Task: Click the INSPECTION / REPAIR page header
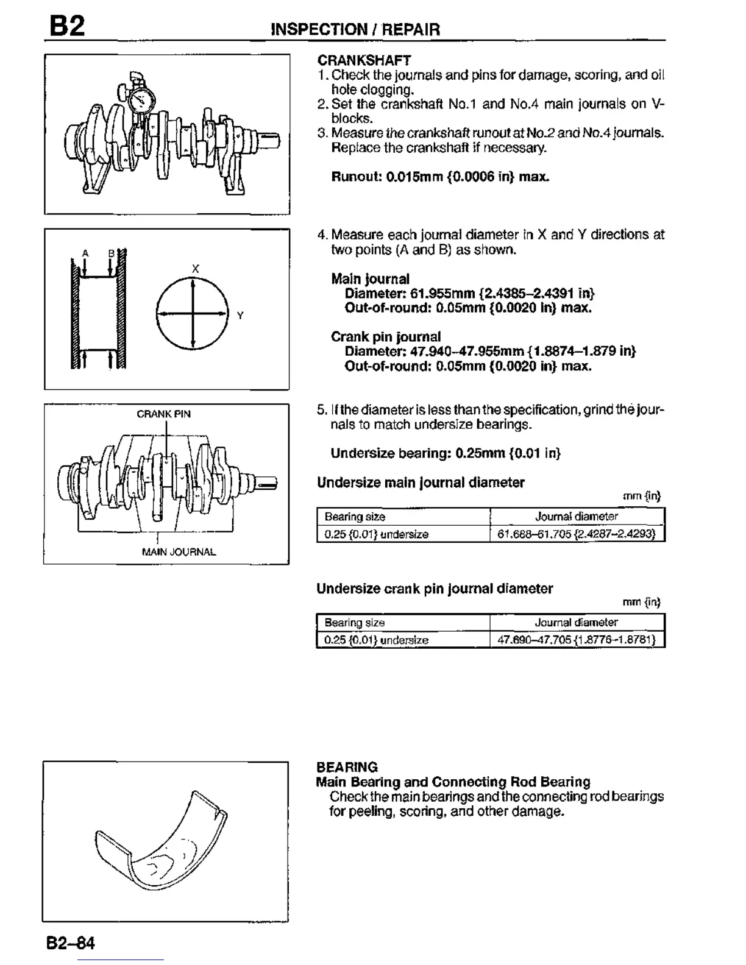[x=355, y=29]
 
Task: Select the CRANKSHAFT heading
[x=364, y=60]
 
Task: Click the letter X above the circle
[x=195, y=269]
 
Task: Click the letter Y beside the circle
[x=240, y=316]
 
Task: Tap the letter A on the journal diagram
[x=85, y=253]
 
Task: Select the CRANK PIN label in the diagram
[x=163, y=414]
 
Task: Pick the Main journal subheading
[x=370, y=279]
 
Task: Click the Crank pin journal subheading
[x=385, y=337]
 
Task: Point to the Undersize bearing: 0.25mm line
[x=445, y=453]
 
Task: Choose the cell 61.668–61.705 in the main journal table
[x=577, y=534]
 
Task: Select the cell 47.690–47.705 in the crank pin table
[x=577, y=640]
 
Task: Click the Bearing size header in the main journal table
[x=355, y=517]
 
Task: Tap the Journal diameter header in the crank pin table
[x=576, y=623]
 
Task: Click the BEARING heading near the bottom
[x=347, y=767]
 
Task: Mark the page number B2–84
[x=71, y=943]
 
